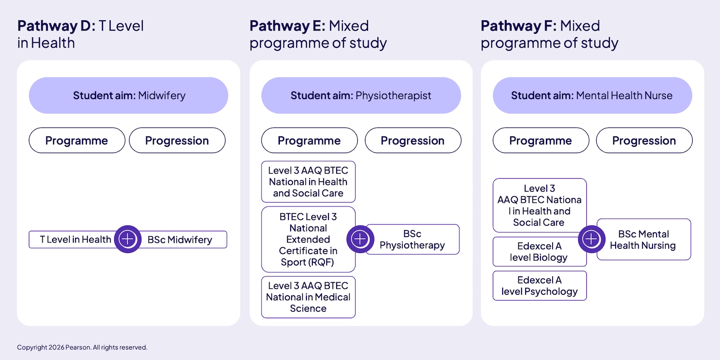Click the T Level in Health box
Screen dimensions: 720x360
[x=72, y=239]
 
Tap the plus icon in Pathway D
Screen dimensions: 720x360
[x=128, y=239]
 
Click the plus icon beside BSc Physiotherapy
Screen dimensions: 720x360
[x=360, y=239]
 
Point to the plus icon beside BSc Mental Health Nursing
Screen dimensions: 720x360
[x=592, y=239]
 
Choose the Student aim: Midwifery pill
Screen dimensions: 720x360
[x=129, y=95]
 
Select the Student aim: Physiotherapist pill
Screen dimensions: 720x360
[x=361, y=95]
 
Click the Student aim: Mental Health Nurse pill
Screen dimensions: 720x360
[x=592, y=95]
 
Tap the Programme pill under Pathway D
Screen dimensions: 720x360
[x=77, y=140]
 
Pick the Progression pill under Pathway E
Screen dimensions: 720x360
[x=413, y=140]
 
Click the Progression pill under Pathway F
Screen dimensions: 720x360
[x=644, y=140]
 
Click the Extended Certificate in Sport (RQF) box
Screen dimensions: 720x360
[x=308, y=239]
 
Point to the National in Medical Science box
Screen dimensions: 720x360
[x=308, y=297]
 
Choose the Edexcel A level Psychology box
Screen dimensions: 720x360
[x=540, y=286]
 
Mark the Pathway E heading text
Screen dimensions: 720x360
[x=318, y=34]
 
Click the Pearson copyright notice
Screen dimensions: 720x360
[x=82, y=347]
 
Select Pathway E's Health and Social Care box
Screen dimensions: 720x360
[x=308, y=182]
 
